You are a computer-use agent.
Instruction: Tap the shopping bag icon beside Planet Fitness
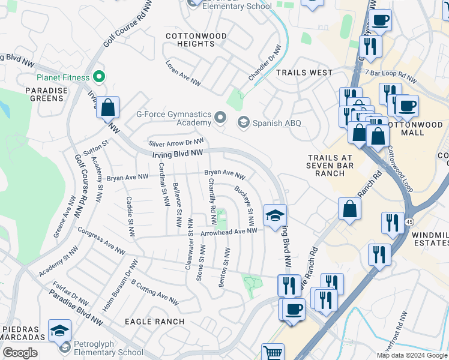(107, 108)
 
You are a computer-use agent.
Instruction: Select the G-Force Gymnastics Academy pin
(220, 118)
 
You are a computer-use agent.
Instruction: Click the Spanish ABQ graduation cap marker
(243, 123)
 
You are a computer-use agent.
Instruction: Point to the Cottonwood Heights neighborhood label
(196, 40)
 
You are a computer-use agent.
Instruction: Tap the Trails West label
(304, 73)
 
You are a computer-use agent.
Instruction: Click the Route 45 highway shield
(409, 222)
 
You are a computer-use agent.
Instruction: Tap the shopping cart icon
(273, 353)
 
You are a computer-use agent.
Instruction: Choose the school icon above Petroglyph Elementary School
(60, 331)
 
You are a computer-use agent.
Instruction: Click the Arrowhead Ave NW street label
(229, 231)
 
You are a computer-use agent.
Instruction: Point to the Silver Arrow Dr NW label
(176, 143)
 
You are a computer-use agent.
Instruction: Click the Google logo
(20, 353)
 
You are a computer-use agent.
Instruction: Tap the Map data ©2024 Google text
(411, 355)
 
